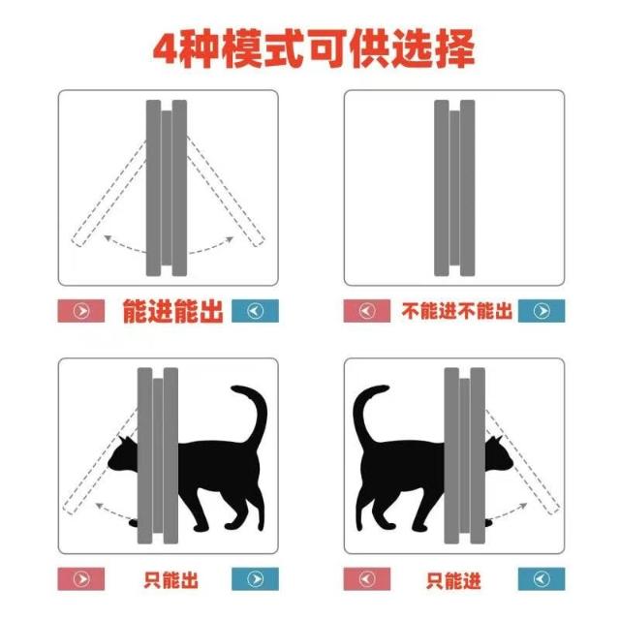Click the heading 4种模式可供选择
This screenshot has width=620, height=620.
click(314, 48)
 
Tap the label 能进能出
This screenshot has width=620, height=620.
click(172, 311)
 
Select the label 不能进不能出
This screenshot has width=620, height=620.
click(456, 311)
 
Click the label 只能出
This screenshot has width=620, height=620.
click(170, 579)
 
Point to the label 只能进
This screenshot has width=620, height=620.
click(453, 580)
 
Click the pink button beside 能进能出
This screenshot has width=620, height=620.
click(81, 311)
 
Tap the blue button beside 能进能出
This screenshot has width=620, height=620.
click(255, 311)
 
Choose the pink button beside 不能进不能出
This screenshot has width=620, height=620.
click(366, 311)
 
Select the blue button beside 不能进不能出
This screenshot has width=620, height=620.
click(542, 311)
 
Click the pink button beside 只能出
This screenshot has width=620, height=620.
click(81, 579)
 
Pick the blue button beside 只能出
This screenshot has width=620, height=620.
click(255, 579)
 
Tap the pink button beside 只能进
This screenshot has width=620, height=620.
click(366, 579)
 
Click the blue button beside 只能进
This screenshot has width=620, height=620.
click(542, 579)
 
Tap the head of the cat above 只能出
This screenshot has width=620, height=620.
click(123, 454)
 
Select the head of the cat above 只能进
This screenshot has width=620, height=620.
click(499, 454)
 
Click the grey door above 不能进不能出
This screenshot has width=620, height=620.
click(454, 188)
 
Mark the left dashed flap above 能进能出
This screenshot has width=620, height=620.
click(109, 193)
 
